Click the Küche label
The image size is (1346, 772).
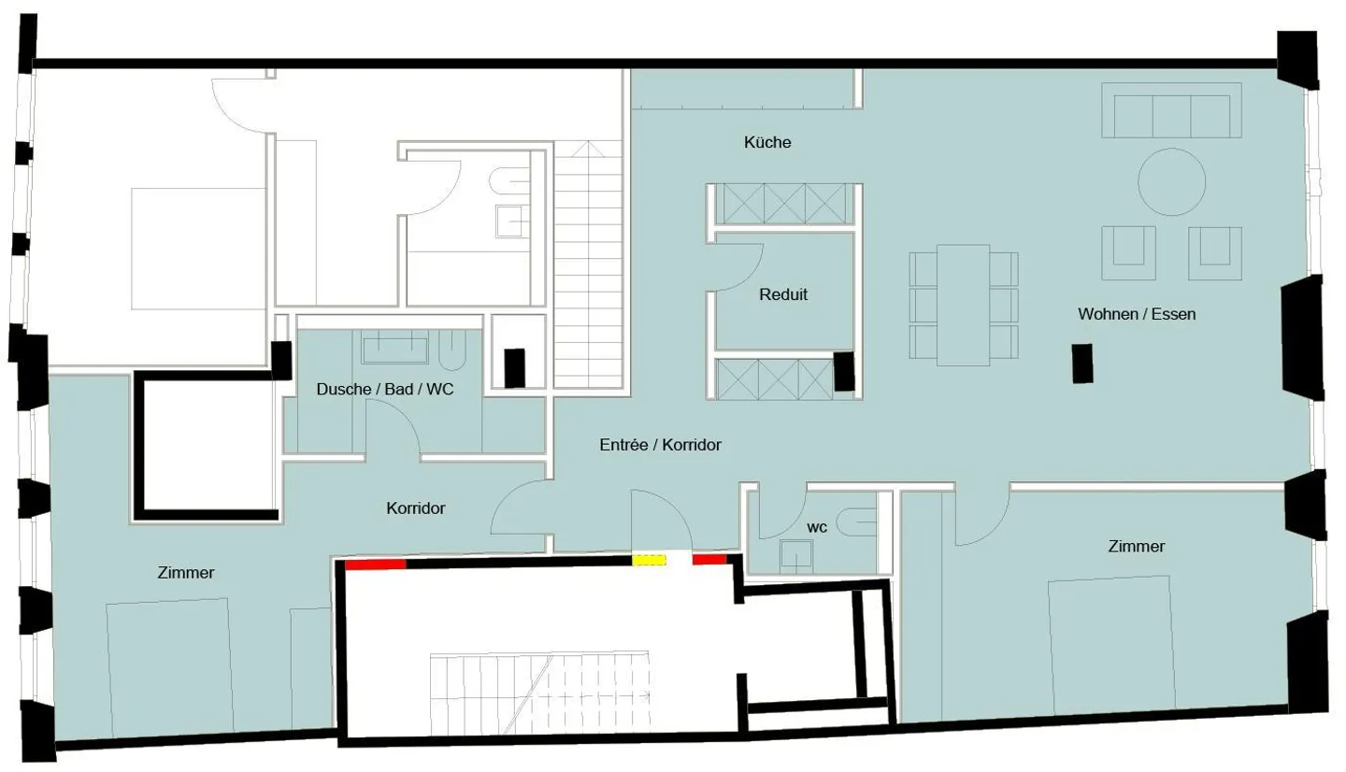pyautogui.click(x=767, y=142)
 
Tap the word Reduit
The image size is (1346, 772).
pyautogui.click(x=783, y=294)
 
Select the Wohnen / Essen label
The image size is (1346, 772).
pyautogui.click(x=1137, y=314)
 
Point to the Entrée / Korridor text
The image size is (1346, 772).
pyautogui.click(x=660, y=446)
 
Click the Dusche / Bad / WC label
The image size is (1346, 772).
pyautogui.click(x=385, y=389)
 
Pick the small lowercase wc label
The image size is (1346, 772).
pyautogui.click(x=817, y=527)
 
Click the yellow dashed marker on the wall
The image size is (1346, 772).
pyautogui.click(x=649, y=561)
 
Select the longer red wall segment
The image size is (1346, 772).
pyautogui.click(x=376, y=564)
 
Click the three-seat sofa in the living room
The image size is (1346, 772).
pyautogui.click(x=1171, y=109)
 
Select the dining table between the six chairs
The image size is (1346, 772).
pyautogui.click(x=963, y=305)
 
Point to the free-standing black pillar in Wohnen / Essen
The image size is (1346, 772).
pyautogui.click(x=1082, y=363)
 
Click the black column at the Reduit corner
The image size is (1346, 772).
pyautogui.click(x=844, y=370)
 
